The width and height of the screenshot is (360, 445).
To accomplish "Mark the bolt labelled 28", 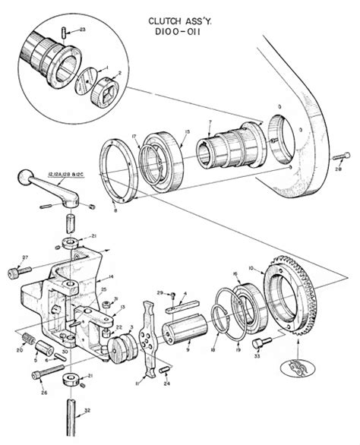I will pos(337,157).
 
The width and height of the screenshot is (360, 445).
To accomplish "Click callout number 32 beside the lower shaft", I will pos(90,410).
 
